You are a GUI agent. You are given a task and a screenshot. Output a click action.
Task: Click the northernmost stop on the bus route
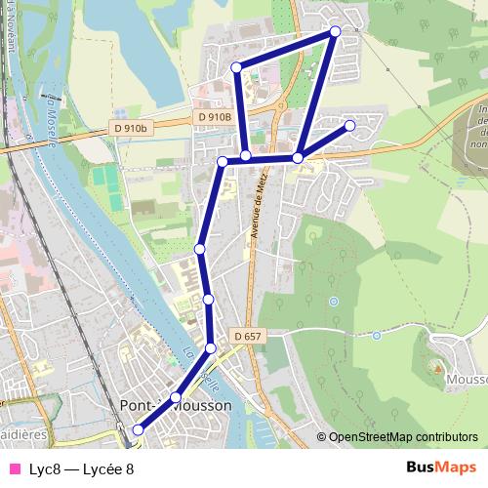336,31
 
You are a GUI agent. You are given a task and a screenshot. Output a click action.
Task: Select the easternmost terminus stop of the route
350,125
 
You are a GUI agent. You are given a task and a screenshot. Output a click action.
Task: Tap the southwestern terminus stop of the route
138,429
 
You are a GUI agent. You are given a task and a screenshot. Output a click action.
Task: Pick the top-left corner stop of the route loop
236,67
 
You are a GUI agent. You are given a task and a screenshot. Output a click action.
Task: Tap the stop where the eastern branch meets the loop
298,157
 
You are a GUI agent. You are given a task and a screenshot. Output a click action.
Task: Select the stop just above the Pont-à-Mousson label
176,397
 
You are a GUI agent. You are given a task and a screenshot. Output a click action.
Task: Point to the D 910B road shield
214,117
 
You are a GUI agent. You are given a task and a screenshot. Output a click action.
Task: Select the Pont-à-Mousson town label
176,405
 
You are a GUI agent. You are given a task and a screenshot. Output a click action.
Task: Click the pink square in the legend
15,468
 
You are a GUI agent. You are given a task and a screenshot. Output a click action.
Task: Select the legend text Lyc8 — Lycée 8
81,468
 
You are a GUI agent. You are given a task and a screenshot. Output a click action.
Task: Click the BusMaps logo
441,468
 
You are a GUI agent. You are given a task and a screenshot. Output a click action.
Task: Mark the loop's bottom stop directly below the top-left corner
246,156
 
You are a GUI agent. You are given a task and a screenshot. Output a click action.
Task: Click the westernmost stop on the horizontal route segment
223,161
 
